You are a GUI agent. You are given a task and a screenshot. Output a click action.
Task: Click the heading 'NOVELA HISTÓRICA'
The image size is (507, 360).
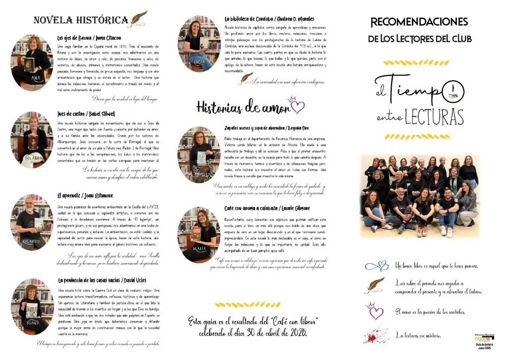pos(80,20)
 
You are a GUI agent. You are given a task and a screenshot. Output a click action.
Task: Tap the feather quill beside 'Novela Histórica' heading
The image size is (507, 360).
pos(138,19)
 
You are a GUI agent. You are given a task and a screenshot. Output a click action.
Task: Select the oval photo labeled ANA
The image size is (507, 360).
pos(32,62)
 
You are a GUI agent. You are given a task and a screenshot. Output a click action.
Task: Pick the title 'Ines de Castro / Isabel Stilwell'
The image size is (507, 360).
pos(86,113)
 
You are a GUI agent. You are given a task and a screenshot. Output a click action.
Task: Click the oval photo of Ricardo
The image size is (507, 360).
pos(32,221)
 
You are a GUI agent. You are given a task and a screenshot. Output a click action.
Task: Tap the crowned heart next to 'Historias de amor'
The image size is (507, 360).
pos(296,104)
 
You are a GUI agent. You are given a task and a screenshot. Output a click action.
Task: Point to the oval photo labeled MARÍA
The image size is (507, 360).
pos(199,234)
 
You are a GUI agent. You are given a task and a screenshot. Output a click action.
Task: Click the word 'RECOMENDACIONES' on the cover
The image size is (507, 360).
pos(419,22)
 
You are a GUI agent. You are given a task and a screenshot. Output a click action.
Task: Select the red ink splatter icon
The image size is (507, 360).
pos(376,334)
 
